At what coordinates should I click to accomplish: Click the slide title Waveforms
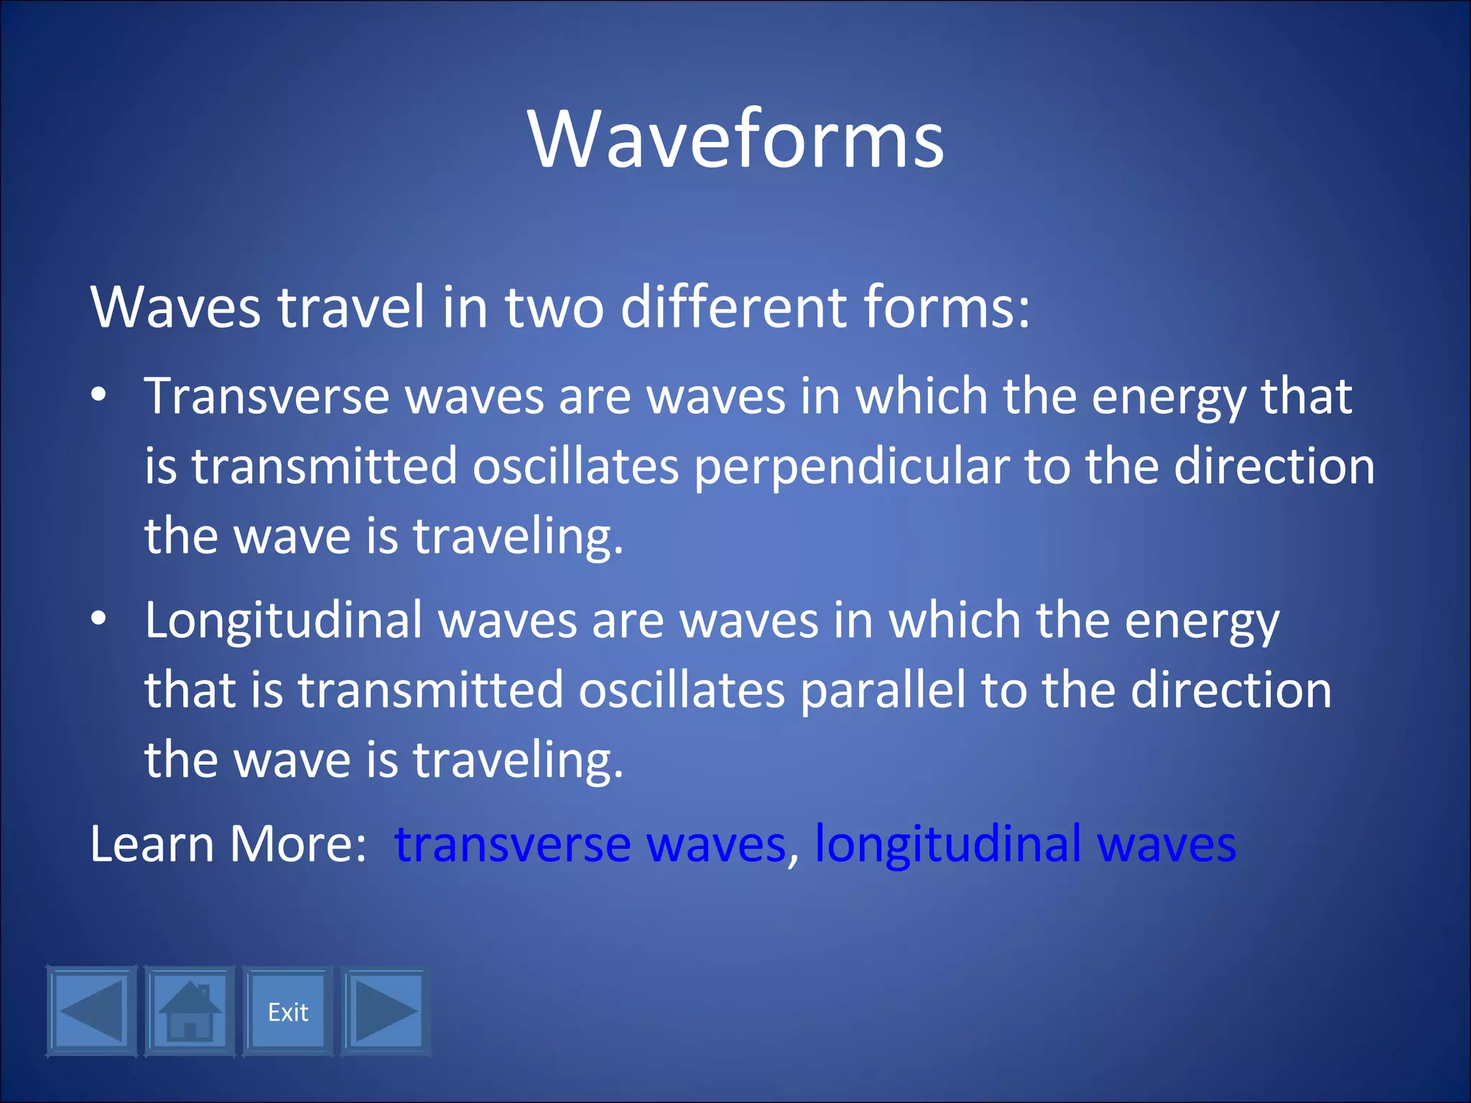(x=735, y=139)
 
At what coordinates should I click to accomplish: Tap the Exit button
(x=288, y=1012)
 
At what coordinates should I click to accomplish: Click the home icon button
(x=190, y=1012)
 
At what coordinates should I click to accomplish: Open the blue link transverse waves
(x=590, y=844)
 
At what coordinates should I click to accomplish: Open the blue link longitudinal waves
(x=1025, y=844)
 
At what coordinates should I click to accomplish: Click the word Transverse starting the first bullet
(x=266, y=396)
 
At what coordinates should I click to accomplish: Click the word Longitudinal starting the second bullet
(x=283, y=620)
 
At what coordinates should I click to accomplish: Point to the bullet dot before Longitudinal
(x=99, y=618)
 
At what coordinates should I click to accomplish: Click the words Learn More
(x=228, y=844)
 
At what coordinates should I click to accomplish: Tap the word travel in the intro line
(x=352, y=307)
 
